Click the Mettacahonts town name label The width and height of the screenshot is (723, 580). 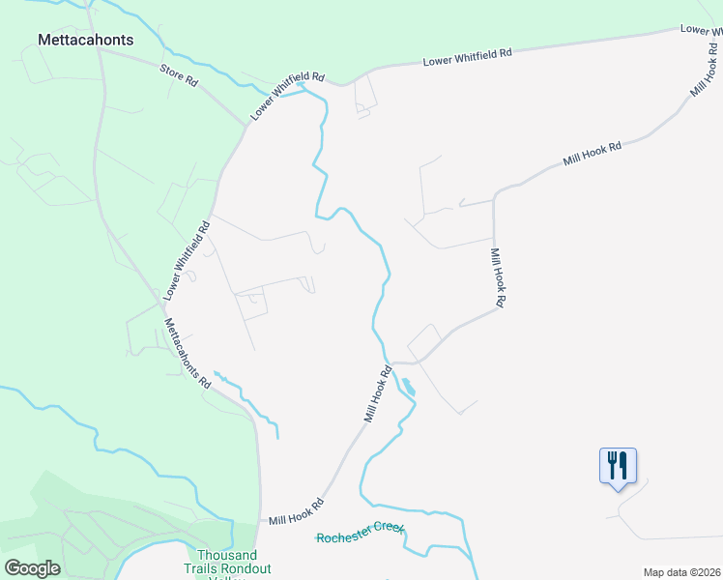point(85,41)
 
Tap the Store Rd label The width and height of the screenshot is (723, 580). point(179,76)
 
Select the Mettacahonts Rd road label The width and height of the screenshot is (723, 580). point(188,353)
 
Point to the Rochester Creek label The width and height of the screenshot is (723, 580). point(360,535)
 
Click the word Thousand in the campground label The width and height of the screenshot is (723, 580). point(227,555)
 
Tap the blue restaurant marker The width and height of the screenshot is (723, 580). point(618,467)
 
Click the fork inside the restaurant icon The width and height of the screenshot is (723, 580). point(611,465)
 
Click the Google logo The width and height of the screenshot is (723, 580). point(32,568)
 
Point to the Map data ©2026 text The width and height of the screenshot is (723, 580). point(681,572)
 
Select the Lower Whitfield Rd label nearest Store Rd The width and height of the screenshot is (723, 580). point(288,97)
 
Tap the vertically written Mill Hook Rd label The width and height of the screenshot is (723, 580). point(497,278)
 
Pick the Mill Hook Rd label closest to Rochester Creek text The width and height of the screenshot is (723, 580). point(296,510)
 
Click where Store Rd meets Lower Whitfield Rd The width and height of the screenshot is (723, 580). point(246,124)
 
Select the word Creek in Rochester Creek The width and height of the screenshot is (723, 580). point(386,533)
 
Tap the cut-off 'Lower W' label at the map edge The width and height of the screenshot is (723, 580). point(701,30)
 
